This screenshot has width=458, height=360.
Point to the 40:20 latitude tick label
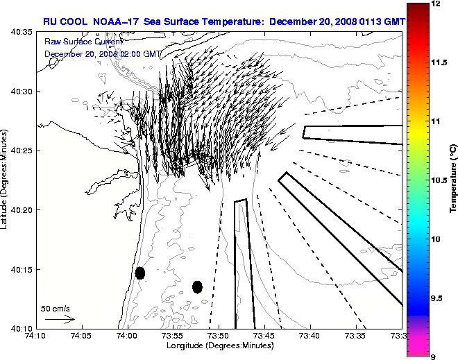point(22,210)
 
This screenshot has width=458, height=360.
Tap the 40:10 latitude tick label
point(22,328)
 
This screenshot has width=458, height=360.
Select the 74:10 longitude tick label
point(36,336)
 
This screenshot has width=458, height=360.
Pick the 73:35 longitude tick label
point(355,336)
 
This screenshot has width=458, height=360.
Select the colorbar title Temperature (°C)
point(453,179)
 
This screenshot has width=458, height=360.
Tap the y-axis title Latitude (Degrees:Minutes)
point(5,179)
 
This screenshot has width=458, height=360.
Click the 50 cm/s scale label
point(56,308)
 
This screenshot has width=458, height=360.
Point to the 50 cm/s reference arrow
point(60,319)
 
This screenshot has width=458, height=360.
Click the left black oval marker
point(139,273)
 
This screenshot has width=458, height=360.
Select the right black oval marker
point(197,286)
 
